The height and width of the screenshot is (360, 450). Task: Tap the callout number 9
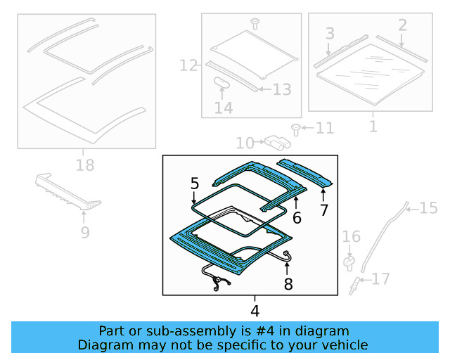coord(85,231)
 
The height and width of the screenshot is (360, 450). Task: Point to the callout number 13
coord(281,89)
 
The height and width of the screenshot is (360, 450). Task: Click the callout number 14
coord(224,108)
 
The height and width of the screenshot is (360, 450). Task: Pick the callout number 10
coord(245,143)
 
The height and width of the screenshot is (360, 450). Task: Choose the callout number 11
coord(324,129)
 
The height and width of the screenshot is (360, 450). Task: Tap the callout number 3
coord(330,33)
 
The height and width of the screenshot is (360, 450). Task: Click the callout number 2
coord(402,25)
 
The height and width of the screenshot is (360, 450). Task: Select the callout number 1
coord(373,127)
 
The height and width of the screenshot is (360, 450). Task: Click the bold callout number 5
coord(195,184)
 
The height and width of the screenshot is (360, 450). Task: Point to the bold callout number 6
coord(297,218)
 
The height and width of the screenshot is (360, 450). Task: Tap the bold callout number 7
coord(323,210)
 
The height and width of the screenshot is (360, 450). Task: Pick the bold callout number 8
coord(288,285)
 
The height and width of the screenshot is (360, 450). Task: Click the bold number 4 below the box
coord(255,310)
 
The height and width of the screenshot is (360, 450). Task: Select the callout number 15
coord(428,207)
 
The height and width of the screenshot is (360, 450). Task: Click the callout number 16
coord(352,237)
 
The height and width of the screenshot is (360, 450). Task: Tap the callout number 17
coord(380,280)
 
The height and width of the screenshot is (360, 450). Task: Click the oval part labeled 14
coord(223,83)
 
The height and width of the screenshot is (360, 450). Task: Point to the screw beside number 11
coord(296,129)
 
